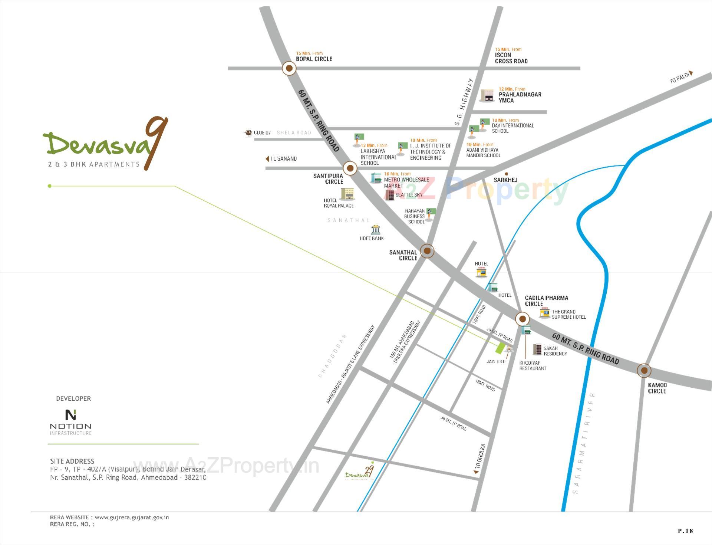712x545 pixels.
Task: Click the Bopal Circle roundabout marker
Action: point(289,68)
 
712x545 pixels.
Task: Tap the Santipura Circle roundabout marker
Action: point(350,168)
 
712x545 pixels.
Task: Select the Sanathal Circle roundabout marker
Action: point(427,251)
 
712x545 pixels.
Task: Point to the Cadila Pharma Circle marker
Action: point(523,318)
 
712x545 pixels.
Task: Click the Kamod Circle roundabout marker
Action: point(644,370)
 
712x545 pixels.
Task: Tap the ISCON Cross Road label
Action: point(511,58)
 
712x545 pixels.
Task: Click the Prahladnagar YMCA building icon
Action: point(487,95)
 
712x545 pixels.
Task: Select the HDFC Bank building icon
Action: point(375,229)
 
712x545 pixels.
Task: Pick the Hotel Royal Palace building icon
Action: point(347,194)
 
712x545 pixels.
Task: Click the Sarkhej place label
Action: point(505,180)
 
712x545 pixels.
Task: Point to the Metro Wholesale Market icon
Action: point(376,178)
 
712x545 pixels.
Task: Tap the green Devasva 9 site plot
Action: point(500,348)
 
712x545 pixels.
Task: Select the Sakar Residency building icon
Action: point(537,349)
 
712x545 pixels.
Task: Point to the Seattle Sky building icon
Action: point(389,195)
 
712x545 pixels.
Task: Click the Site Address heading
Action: point(72,461)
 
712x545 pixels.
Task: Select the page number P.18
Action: point(685,531)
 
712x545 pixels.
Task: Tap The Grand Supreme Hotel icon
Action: point(544,313)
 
